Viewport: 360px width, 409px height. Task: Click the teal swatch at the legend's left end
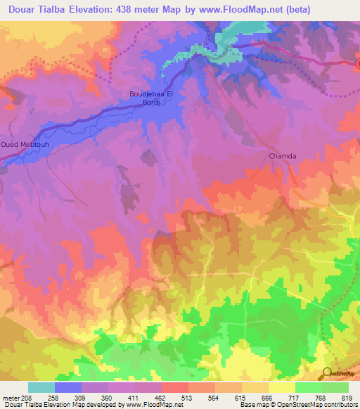coord(41,387)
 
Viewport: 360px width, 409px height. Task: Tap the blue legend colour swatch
coord(67,387)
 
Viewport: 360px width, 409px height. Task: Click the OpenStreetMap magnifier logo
coord(327,372)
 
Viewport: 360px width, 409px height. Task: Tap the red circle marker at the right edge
coord(358,64)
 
